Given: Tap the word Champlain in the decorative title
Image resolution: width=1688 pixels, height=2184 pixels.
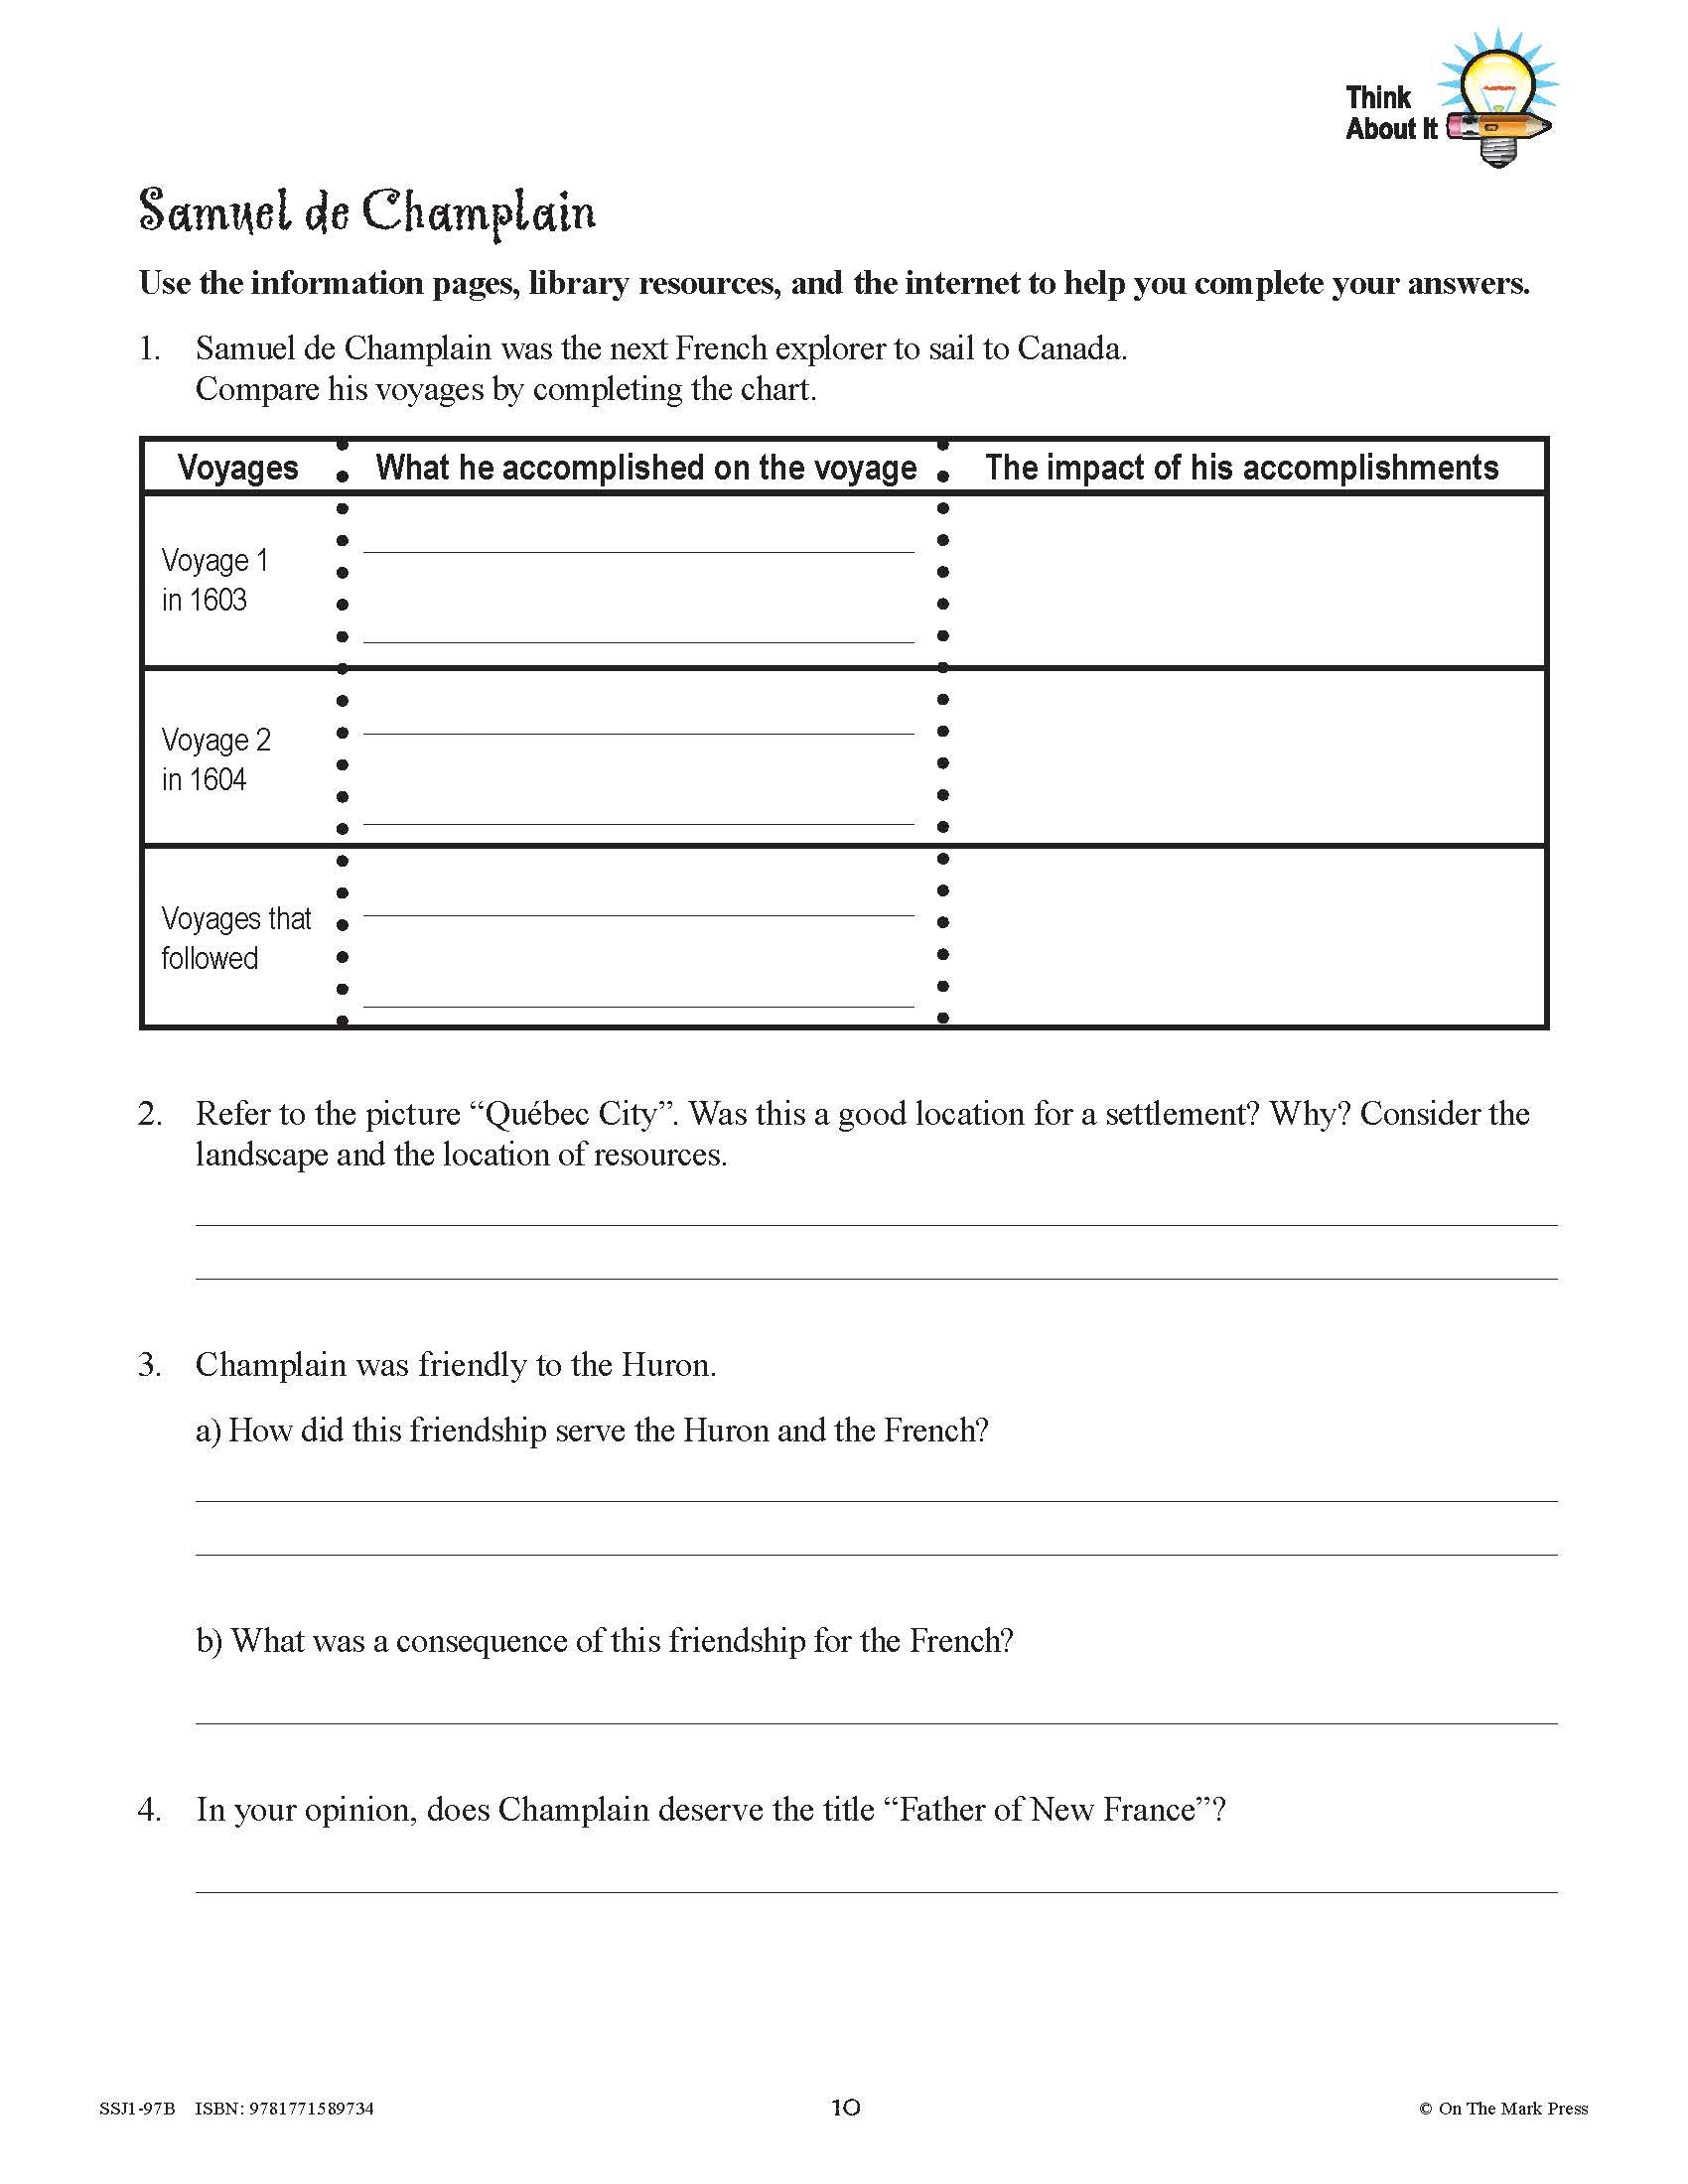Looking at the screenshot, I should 478,213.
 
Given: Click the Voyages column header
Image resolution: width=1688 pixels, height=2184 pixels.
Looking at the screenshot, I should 238,468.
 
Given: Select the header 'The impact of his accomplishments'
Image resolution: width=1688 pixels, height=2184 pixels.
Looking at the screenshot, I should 1241,468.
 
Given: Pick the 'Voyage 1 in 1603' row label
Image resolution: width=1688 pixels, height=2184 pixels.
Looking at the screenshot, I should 215,580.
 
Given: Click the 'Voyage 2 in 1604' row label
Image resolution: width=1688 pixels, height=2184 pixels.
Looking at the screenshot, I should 216,760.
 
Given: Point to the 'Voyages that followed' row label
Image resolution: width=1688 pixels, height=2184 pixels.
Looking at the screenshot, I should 236,938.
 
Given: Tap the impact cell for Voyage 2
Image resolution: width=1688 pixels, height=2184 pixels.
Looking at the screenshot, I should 1245,758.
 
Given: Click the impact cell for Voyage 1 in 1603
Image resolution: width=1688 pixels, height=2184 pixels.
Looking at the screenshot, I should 1245,580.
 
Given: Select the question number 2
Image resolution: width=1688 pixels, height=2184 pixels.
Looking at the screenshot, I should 150,1114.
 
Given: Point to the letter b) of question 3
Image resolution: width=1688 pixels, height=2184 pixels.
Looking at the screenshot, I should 209,1641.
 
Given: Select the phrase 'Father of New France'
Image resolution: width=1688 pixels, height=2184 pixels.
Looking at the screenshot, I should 1047,1810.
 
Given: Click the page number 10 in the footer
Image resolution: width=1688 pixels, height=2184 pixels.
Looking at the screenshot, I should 845,2108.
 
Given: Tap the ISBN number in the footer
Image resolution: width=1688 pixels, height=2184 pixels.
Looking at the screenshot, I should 313,2109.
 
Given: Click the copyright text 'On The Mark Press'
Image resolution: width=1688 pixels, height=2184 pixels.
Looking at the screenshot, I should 1512,2109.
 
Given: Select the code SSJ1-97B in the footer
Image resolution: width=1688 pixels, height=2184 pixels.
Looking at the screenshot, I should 137,2109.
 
